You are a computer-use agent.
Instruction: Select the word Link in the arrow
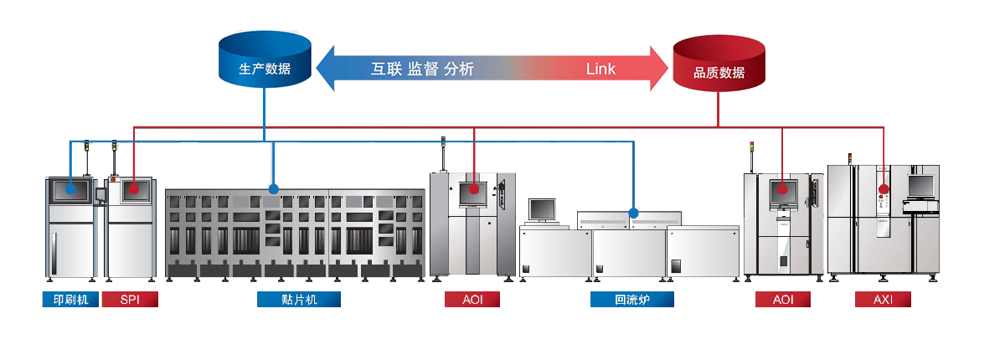(600, 69)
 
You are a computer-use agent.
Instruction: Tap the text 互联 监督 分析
(422, 69)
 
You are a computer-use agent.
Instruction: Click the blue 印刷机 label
(70, 299)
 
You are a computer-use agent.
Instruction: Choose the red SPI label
(130, 299)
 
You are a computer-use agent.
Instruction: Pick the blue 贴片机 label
(299, 299)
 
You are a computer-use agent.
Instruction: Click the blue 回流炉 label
(632, 299)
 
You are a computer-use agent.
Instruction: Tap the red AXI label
(883, 299)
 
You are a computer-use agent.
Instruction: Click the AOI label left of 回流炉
(472, 299)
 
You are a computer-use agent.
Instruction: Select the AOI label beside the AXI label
(783, 299)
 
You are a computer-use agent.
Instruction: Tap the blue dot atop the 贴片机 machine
(273, 189)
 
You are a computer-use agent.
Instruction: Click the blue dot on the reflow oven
(633, 213)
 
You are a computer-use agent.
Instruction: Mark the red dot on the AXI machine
(882, 189)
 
